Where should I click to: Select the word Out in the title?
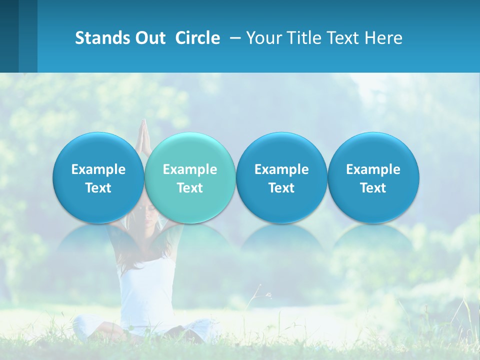click(x=149, y=38)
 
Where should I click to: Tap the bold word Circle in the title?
click(x=197, y=38)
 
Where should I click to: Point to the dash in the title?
click(x=233, y=38)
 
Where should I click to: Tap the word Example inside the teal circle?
click(x=190, y=169)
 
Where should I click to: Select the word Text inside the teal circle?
click(x=190, y=188)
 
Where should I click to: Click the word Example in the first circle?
click(x=98, y=169)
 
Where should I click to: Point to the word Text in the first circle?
click(x=98, y=188)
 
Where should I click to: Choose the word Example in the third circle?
click(x=282, y=169)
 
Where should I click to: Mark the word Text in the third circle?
click(x=282, y=188)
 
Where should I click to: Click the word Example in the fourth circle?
click(x=373, y=169)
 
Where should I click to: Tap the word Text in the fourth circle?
click(x=373, y=188)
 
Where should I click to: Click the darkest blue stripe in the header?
click(x=9, y=36)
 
